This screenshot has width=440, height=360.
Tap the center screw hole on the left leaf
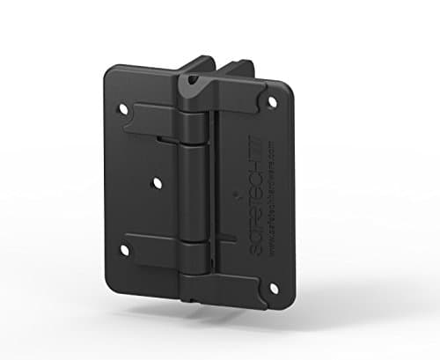point(156,182)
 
